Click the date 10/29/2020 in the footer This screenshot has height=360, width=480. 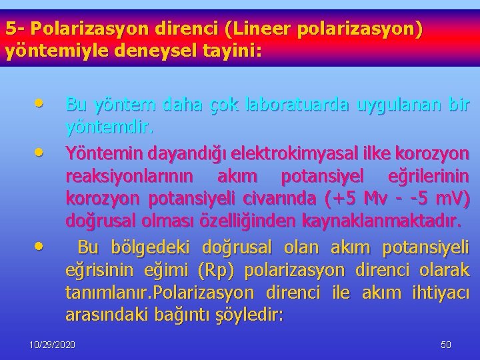pos(52,345)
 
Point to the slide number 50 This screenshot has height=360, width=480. pos(446,345)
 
